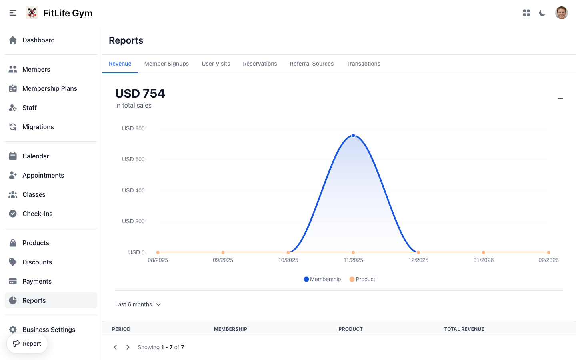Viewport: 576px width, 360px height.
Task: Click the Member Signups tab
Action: (166, 64)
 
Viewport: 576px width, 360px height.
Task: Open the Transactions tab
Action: (363, 64)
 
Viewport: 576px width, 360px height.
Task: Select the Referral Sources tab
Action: (312, 64)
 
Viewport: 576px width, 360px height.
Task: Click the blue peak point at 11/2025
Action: (353, 136)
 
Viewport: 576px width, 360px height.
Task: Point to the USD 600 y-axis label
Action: (133, 159)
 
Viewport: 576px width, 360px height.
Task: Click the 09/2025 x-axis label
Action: (223, 260)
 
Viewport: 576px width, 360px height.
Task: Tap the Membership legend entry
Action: (322, 279)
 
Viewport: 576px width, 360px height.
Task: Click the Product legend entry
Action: (362, 279)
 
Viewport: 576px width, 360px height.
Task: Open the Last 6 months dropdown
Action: (138, 304)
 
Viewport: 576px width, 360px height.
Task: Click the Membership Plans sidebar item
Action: (50, 88)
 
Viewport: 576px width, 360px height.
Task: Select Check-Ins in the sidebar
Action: (38, 214)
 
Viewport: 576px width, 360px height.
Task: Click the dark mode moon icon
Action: (542, 13)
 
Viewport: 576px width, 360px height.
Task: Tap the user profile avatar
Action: (561, 13)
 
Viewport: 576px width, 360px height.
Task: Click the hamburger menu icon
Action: (13, 13)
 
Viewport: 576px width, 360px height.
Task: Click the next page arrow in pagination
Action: (128, 347)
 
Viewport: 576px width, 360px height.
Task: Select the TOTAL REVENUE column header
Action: (464, 329)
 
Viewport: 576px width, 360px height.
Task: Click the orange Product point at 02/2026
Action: (548, 252)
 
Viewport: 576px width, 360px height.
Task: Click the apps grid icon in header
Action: (526, 13)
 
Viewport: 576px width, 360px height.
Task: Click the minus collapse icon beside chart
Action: (560, 98)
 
